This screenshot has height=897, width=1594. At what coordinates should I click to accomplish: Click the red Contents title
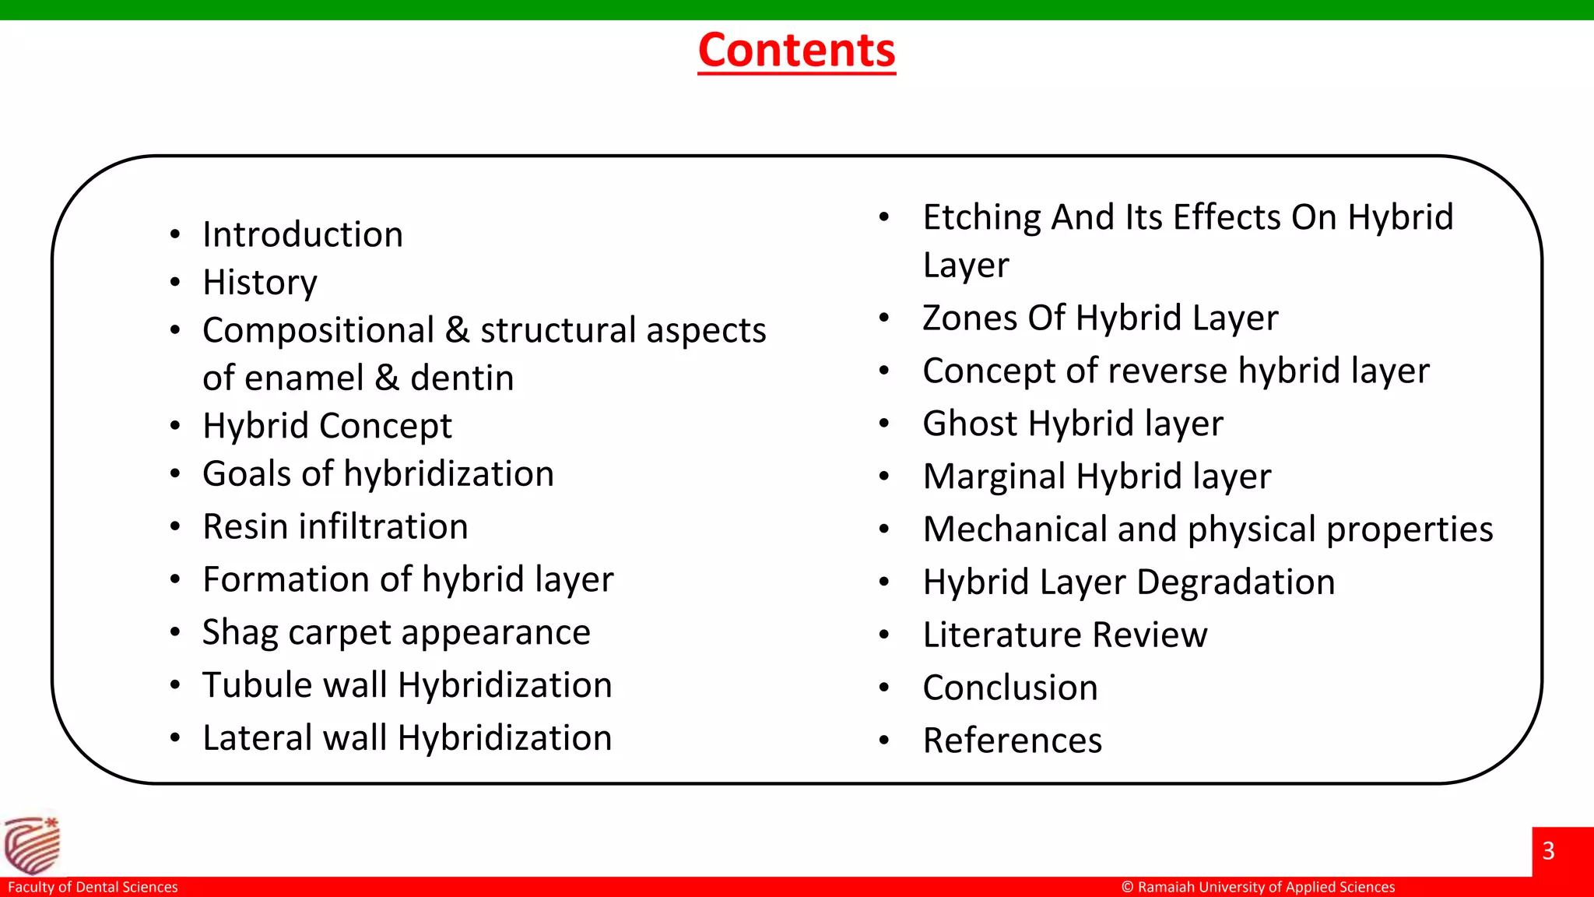(796, 51)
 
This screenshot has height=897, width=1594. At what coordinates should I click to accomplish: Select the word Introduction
(303, 234)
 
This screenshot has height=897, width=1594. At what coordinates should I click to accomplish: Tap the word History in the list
(260, 283)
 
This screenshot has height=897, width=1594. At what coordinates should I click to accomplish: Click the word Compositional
(318, 330)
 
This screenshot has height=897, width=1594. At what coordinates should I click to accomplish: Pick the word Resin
(246, 526)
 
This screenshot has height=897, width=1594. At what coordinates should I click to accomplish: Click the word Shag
(240, 632)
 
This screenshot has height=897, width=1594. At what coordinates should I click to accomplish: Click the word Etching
(981, 217)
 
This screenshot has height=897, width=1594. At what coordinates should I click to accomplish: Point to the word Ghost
(970, 424)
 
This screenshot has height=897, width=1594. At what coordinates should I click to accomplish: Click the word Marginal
(994, 477)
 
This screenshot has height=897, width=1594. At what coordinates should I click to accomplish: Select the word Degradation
(1236, 582)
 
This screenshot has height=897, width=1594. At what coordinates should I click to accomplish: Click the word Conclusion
(1010, 688)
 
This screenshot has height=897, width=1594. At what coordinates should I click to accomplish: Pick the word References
(1013, 740)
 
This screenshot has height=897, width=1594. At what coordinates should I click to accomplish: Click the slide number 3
(1548, 850)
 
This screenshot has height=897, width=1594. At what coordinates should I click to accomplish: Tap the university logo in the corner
(32, 846)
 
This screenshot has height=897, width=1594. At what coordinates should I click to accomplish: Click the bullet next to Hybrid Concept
(175, 426)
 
